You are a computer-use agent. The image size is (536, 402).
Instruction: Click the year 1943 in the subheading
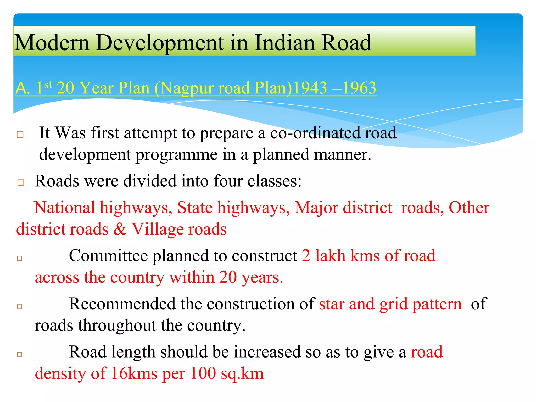pos(310,88)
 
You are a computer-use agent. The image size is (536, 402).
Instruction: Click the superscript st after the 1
pos(48,85)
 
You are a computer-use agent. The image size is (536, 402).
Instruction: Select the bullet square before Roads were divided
pos(21,182)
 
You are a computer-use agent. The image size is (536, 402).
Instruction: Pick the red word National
pos(64,208)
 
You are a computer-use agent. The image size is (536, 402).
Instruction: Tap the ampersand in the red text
pos(120,229)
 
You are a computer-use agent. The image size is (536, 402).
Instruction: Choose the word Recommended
pos(122,304)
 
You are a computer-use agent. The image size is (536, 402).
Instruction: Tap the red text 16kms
pos(134,373)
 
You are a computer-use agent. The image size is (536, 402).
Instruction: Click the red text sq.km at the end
pos(242,374)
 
